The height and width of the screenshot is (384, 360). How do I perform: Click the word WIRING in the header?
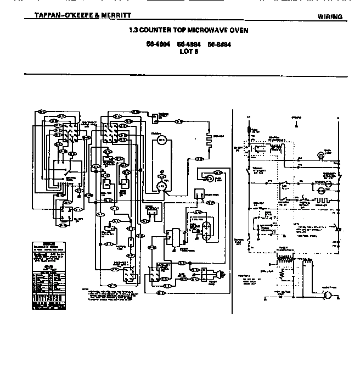pyautogui.click(x=330, y=17)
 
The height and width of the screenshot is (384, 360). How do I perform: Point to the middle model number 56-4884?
pyautogui.click(x=188, y=44)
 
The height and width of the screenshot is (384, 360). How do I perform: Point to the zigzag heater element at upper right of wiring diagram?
pyautogui.click(x=209, y=138)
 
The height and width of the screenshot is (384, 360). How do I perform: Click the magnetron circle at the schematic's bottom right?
pyautogui.click(x=329, y=296)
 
